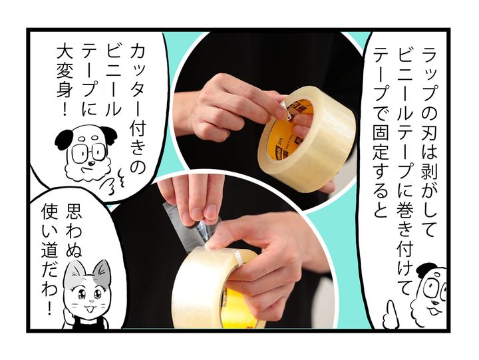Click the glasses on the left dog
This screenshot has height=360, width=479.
89,152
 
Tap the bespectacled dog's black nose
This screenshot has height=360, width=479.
91,164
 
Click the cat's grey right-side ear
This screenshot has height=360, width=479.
102,271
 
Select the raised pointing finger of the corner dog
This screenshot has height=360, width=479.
391,313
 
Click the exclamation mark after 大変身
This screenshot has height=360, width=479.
64,109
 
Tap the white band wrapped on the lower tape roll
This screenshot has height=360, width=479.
239,259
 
